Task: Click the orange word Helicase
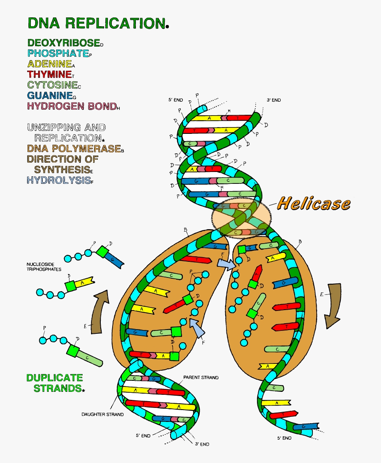coord(314,204)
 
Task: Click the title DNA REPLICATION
coord(96,23)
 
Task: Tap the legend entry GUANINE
coord(49,96)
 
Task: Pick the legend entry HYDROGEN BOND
coord(71,106)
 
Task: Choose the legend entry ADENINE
coord(49,64)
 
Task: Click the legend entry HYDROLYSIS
coord(58,180)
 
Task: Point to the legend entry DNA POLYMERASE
coord(73,149)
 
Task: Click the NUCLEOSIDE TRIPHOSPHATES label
coord(44,267)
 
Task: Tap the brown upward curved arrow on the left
coord(101,311)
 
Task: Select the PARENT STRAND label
coord(201,377)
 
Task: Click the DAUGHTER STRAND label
coord(102,414)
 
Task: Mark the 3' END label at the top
coord(273,100)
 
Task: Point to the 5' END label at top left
coord(175,100)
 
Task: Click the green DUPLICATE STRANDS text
coord(54,383)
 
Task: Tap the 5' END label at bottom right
coord(284,438)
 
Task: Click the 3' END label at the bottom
coord(202,444)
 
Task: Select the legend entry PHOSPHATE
coord(57,54)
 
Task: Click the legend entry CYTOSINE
coord(52,86)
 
